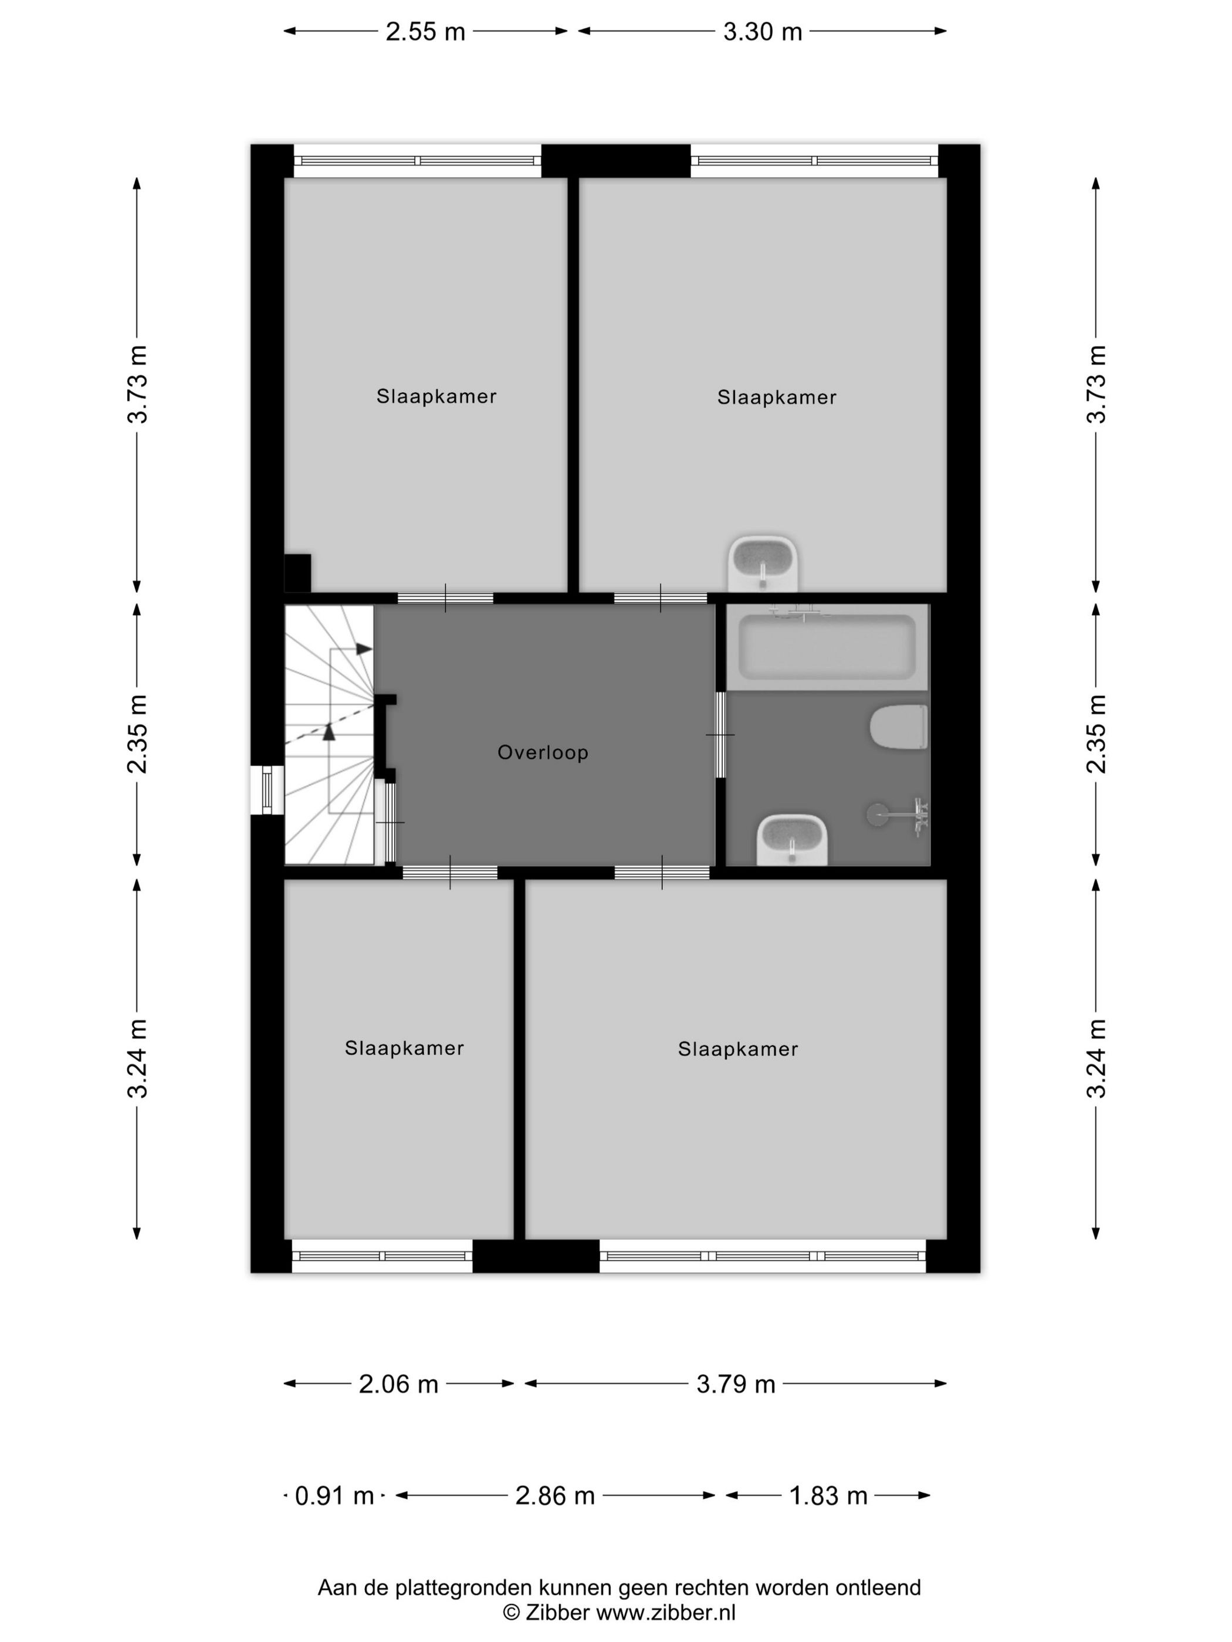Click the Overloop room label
point(543,753)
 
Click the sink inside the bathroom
point(791,840)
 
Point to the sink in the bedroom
point(763,564)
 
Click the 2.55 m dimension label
point(425,32)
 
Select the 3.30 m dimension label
point(763,32)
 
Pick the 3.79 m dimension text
point(735,1385)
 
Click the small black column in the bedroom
point(298,573)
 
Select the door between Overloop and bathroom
point(720,735)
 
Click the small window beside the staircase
point(268,790)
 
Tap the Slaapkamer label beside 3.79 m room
point(737,1049)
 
